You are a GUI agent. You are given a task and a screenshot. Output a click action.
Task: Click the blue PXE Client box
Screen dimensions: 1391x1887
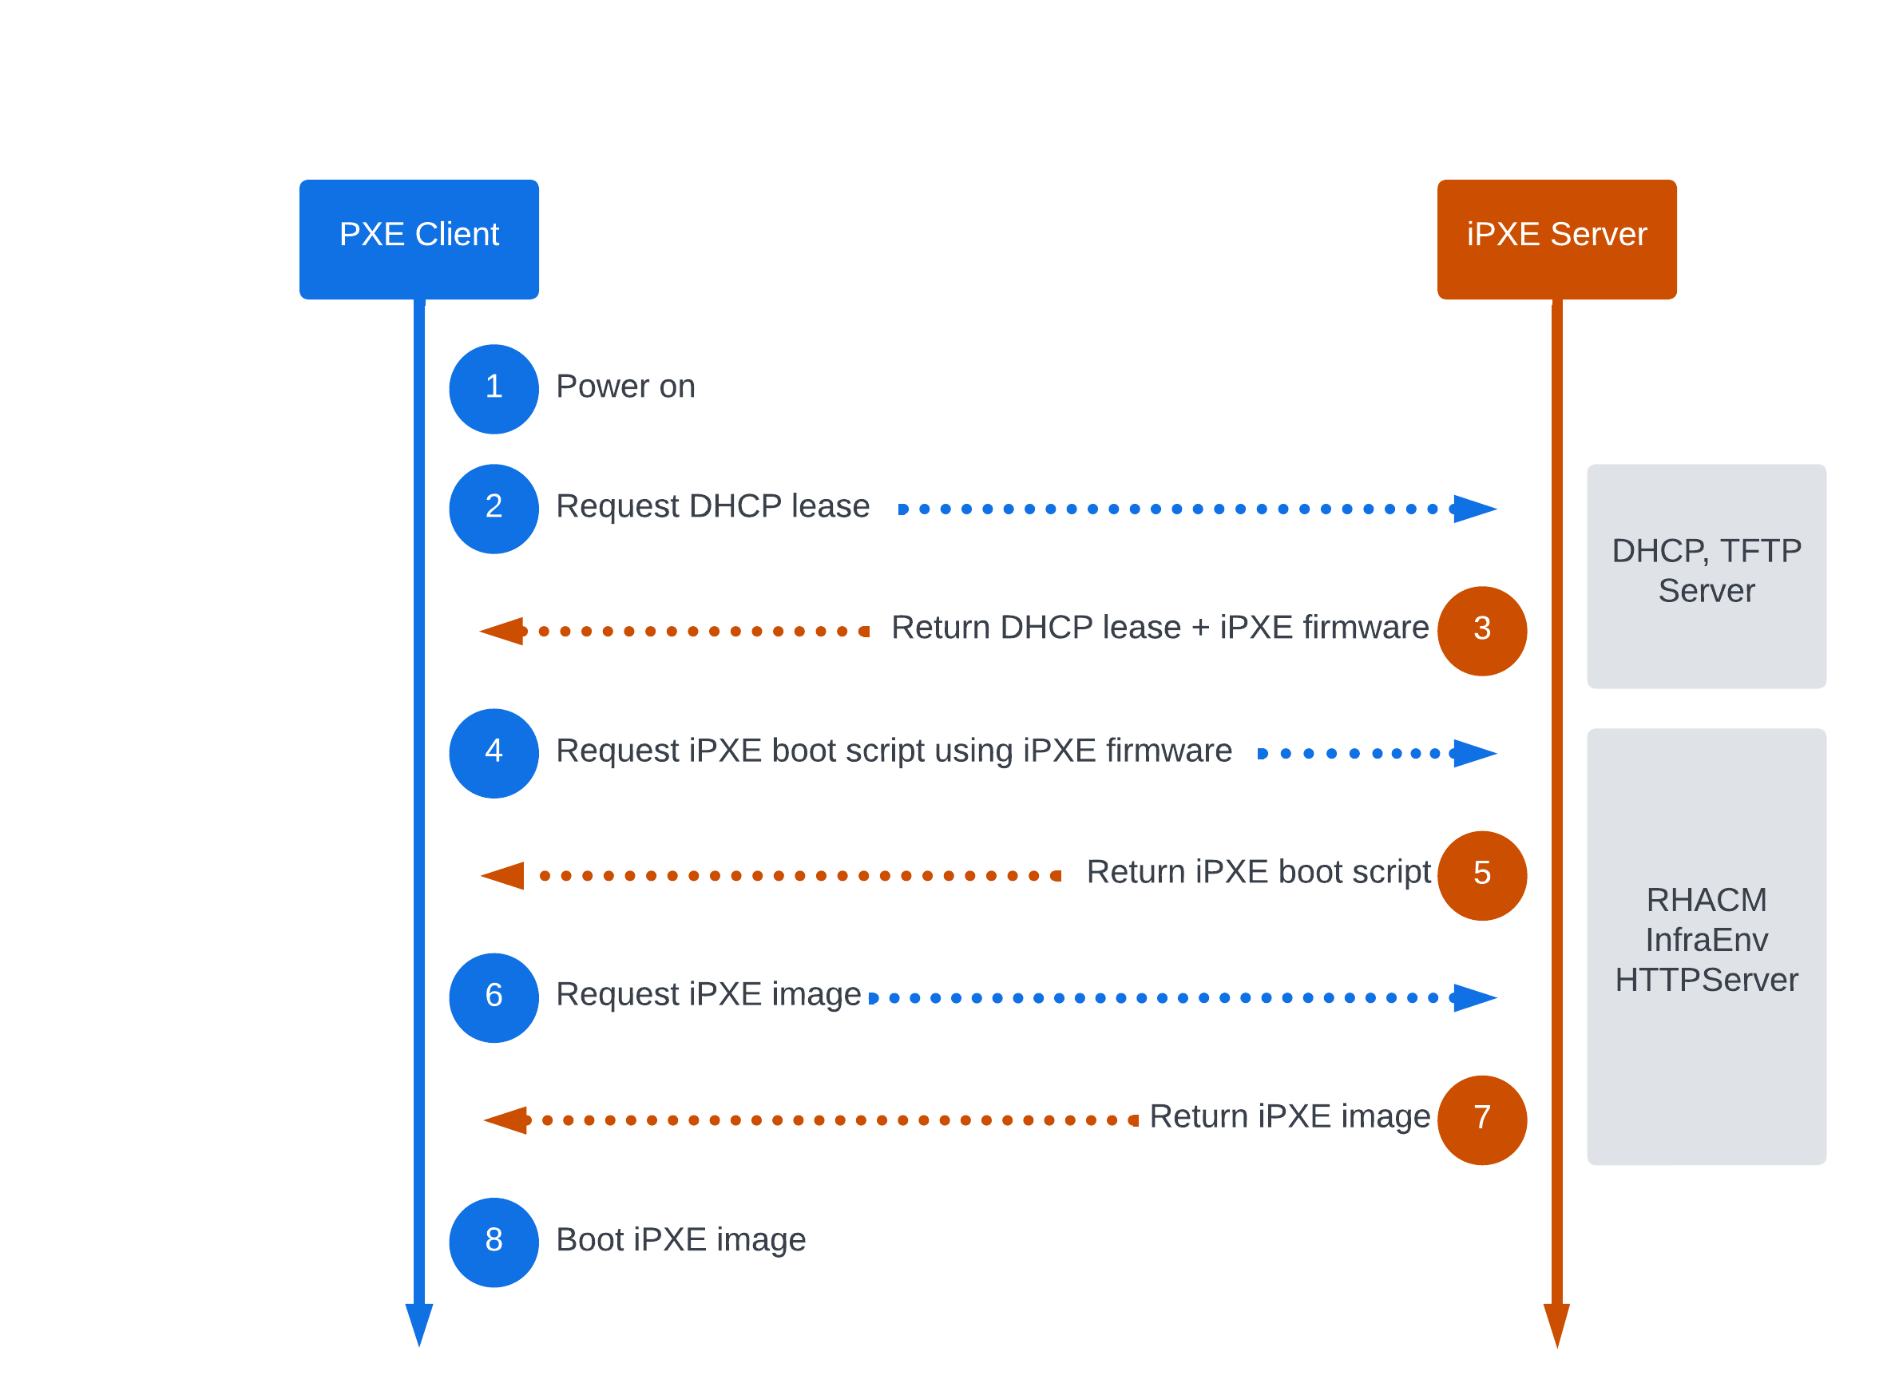point(418,239)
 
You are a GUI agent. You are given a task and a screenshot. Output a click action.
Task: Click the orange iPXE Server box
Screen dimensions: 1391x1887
point(1556,239)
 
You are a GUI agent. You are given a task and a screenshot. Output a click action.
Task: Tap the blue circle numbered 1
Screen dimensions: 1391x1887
point(494,389)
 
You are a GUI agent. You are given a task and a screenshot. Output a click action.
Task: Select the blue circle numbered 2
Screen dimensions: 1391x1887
point(494,509)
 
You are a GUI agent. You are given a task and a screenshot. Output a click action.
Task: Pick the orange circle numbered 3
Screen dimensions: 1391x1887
point(1481,631)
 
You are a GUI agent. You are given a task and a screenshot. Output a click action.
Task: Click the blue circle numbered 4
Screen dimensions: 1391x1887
point(494,753)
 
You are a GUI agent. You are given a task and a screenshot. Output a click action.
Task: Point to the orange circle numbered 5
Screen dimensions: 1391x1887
point(1481,875)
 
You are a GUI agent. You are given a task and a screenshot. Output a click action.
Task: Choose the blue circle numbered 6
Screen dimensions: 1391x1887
point(494,997)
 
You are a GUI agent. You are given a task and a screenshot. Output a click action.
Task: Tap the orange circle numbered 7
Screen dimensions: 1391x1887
point(1481,1119)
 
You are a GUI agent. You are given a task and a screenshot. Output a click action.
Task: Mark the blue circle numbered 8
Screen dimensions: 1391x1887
point(494,1241)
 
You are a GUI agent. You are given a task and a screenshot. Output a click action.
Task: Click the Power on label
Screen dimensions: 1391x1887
point(624,386)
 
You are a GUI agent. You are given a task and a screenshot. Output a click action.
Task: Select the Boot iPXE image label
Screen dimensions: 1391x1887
point(680,1238)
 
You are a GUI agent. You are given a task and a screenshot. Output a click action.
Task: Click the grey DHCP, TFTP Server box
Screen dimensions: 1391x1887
point(1705,576)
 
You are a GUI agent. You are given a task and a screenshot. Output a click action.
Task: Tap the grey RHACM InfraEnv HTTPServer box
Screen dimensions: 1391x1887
point(1705,945)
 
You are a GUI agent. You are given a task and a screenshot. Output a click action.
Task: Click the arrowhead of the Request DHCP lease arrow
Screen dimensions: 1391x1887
point(1473,509)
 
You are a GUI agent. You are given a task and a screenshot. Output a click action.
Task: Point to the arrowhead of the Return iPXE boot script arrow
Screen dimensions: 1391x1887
point(504,875)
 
